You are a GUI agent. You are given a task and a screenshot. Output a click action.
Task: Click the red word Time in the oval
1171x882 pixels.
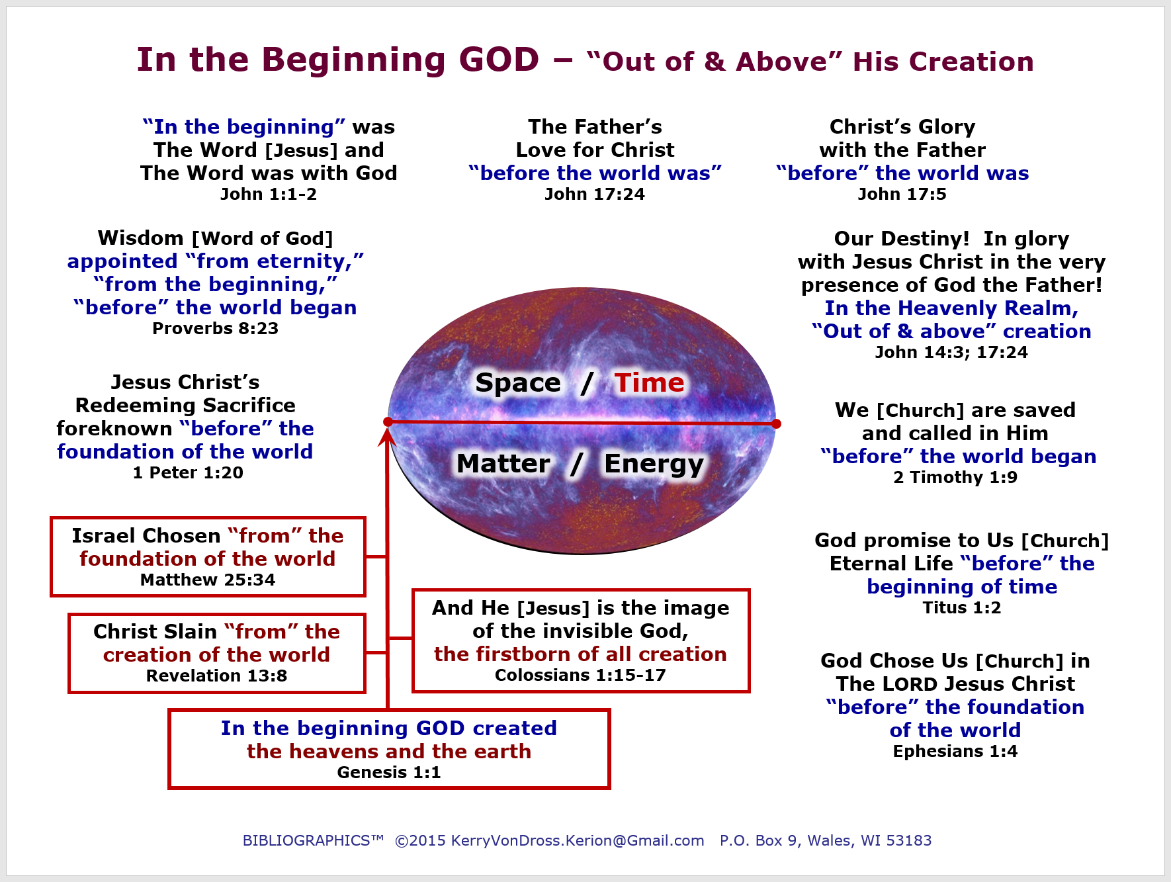[x=649, y=382]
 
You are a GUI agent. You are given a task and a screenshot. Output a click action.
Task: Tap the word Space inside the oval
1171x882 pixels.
[x=518, y=383]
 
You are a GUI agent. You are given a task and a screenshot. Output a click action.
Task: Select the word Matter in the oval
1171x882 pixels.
[x=503, y=463]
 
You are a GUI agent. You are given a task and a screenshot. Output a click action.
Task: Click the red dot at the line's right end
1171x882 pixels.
[x=776, y=423]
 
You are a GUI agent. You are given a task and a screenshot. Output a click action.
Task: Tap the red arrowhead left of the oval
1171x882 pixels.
[x=387, y=437]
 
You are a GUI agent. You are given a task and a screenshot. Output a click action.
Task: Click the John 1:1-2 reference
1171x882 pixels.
[x=269, y=194]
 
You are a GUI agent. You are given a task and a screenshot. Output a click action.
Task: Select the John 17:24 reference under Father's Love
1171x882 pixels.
[x=595, y=194]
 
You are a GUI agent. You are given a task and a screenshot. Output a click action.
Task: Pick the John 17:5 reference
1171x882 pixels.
[x=902, y=194]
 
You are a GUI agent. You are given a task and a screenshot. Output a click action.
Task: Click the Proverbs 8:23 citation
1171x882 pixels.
[x=215, y=328]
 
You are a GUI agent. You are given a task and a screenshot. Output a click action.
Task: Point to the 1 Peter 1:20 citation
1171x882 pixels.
[x=188, y=472]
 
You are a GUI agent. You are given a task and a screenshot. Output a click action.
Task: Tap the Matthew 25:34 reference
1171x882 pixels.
[x=208, y=580]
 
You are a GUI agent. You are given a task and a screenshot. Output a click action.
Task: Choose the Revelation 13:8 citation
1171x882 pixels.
[x=216, y=676]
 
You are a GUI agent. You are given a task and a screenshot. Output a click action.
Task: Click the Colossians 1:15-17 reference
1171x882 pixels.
[x=580, y=675]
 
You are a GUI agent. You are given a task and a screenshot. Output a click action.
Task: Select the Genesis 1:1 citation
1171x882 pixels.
[x=389, y=772]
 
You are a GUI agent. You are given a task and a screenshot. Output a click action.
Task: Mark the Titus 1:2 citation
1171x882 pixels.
[x=962, y=607]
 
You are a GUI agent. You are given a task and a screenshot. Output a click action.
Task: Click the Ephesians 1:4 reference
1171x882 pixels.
[x=955, y=751]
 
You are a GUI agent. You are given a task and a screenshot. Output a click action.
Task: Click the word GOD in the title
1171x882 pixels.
[x=499, y=60]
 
